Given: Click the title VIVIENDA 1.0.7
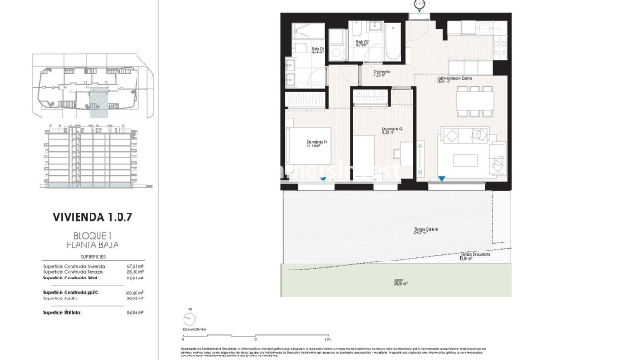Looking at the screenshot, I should click(x=87, y=217).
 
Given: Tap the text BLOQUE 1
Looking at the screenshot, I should click(x=87, y=234).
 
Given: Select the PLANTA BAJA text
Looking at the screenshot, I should click(x=87, y=244).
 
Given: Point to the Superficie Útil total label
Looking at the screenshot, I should click(x=62, y=312).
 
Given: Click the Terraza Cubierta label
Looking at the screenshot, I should click(x=401, y=230).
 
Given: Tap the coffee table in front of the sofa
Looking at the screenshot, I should click(x=465, y=160).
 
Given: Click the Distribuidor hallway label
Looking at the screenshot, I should click(x=382, y=73).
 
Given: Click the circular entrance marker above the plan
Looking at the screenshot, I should click(x=419, y=5).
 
